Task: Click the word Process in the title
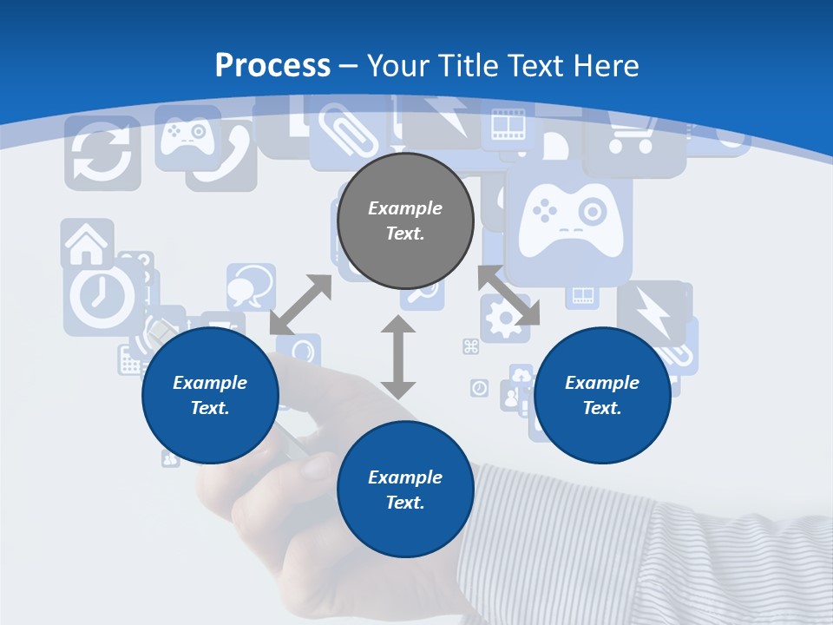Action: (272, 66)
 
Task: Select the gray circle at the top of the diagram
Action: (405, 220)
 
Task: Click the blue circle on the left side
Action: (210, 395)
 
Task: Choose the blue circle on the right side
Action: (602, 395)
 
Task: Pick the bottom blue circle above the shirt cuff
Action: (405, 490)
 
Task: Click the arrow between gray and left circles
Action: (301, 305)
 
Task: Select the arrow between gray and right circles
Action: (508, 295)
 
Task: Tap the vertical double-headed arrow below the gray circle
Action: (398, 357)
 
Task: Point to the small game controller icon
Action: (186, 135)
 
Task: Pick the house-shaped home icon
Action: (87, 243)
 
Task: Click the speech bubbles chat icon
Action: (251, 286)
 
